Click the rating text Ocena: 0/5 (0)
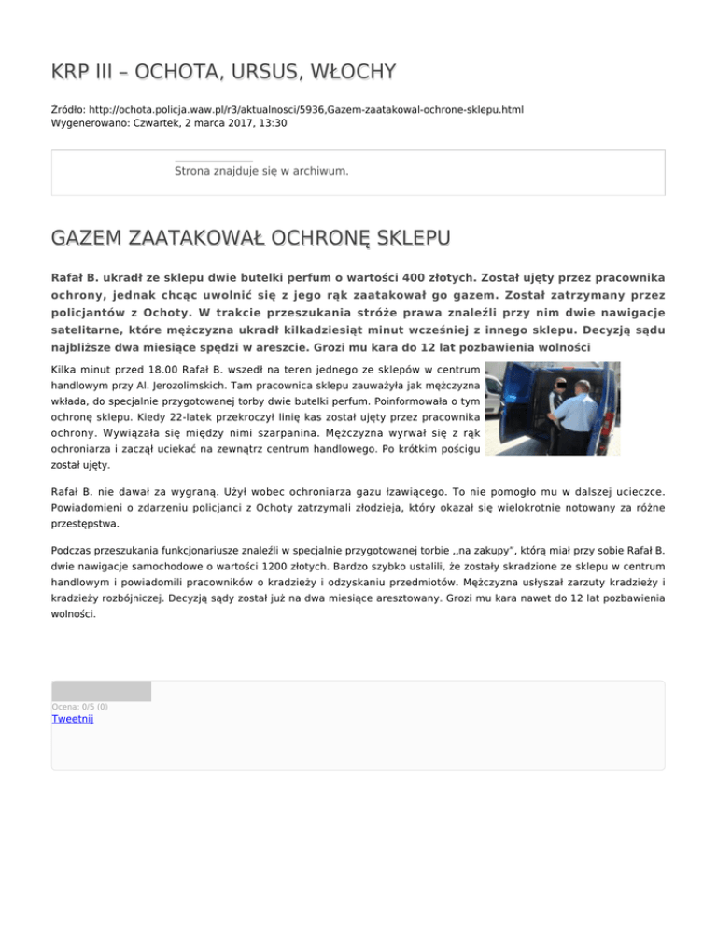coord(79,707)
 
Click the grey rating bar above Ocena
coord(101,691)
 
